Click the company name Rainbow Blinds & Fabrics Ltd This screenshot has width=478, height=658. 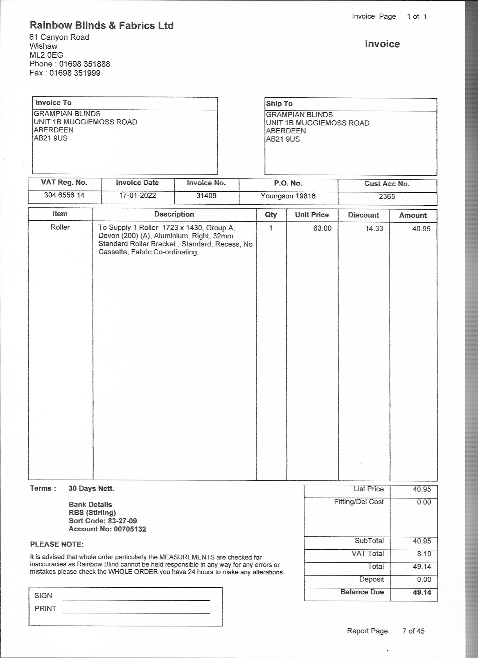tap(102, 26)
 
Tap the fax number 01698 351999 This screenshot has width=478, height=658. tap(75, 73)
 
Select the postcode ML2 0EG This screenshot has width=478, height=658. tap(46, 55)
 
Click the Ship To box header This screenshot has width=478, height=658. tap(279, 104)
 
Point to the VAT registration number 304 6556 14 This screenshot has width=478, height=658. tap(64, 195)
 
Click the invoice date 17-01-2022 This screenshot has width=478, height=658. tap(137, 195)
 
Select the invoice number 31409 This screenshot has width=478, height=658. tap(206, 196)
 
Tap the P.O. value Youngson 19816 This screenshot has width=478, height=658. tap(288, 196)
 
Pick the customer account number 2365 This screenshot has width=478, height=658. tap(387, 197)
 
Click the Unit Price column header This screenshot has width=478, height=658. tap(312, 215)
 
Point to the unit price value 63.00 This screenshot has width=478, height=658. tap(322, 228)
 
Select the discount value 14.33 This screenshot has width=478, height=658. tap(374, 228)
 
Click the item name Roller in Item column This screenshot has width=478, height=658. tap(60, 227)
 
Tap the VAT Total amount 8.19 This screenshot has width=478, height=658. tap(424, 554)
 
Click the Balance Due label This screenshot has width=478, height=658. tap(362, 592)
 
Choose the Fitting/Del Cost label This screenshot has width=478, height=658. tap(358, 502)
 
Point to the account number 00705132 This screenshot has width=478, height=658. tap(130, 529)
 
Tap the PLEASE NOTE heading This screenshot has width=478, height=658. tap(57, 544)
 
